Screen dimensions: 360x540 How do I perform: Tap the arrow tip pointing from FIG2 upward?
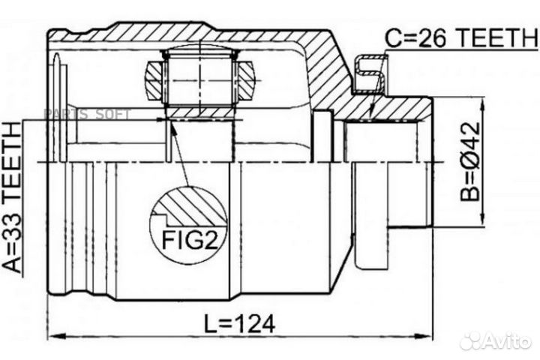(x=171, y=124)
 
